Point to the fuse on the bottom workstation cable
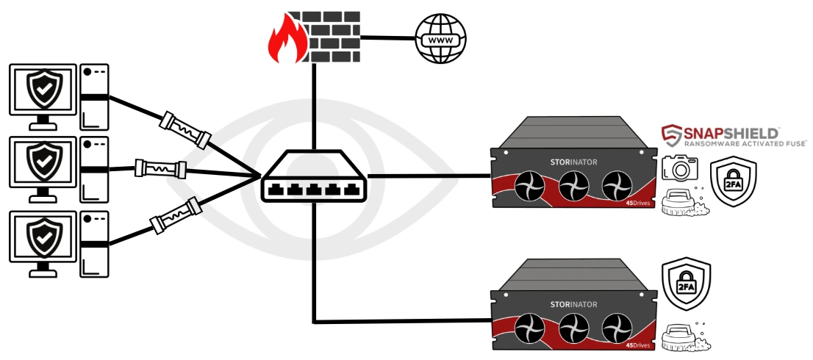pos(176,216)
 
